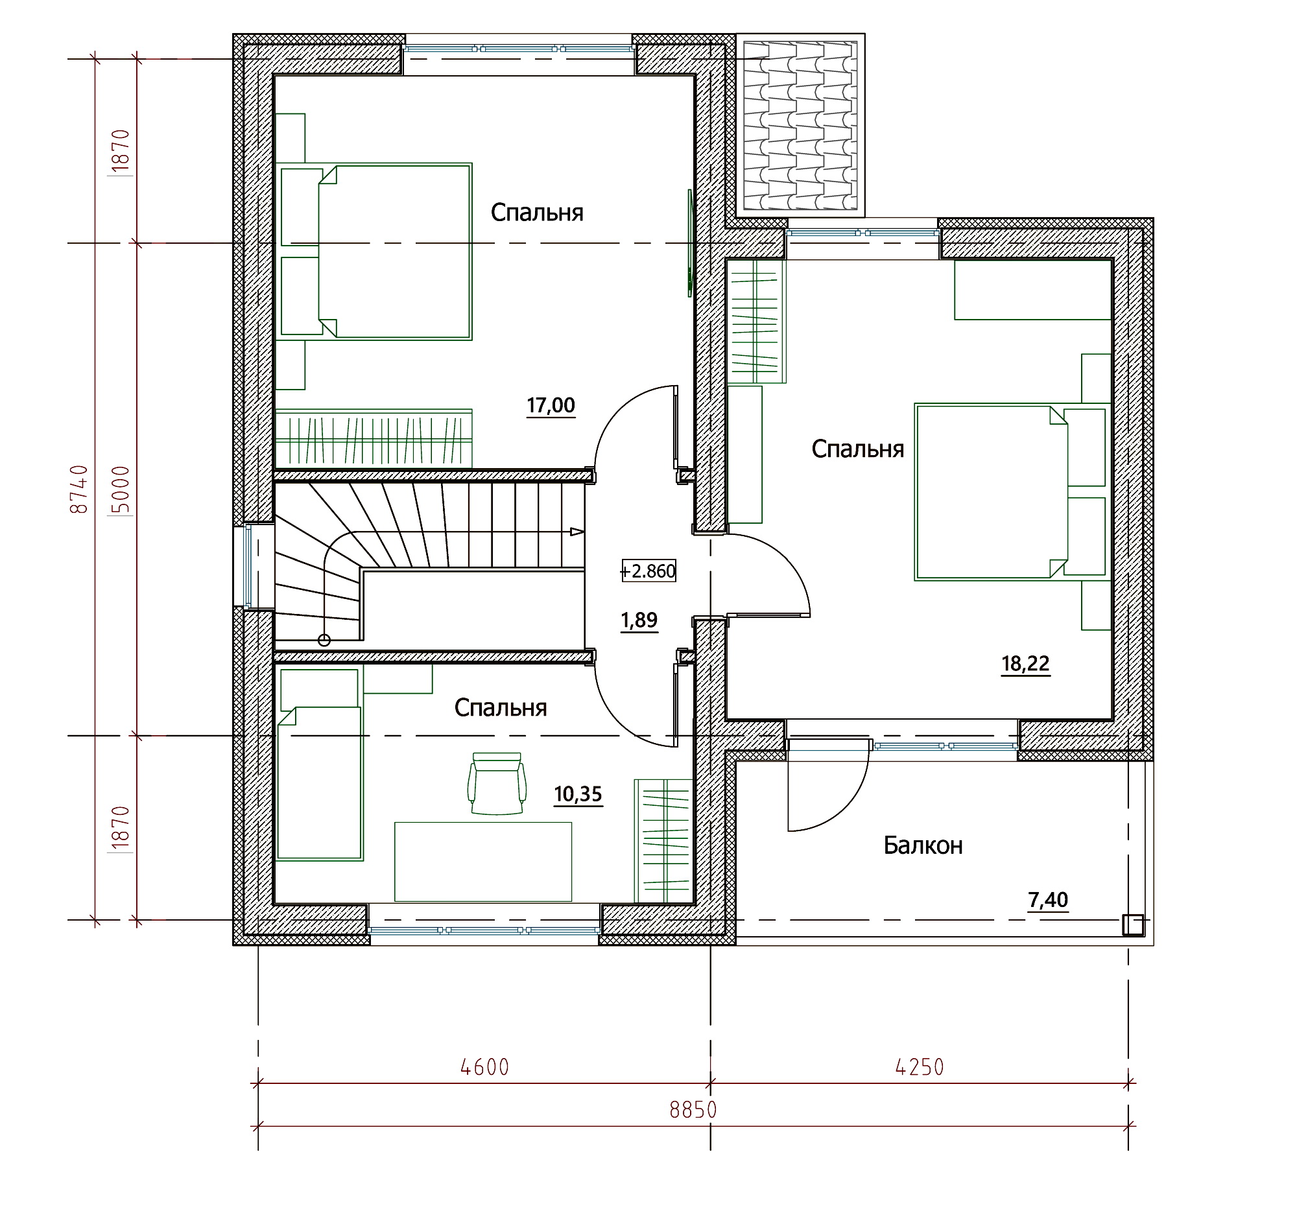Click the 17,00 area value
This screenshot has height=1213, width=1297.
click(x=551, y=406)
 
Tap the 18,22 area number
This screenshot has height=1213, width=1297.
click(x=1025, y=664)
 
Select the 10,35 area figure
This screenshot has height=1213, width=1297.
click(x=578, y=794)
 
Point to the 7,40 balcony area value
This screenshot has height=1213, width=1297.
click(x=1048, y=900)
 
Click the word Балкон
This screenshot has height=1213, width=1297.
click(x=923, y=846)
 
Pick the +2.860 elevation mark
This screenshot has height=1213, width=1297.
click(x=648, y=571)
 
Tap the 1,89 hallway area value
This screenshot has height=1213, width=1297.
click(x=639, y=620)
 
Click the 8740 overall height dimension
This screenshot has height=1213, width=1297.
click(x=79, y=489)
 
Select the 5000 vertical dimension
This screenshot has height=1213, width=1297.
click(x=121, y=490)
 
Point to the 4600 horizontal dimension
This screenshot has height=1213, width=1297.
click(x=484, y=1068)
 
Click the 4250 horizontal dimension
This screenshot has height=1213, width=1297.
click(x=920, y=1068)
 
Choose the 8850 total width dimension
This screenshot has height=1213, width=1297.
click(x=693, y=1110)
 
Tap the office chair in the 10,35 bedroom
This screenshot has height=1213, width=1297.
click(x=497, y=783)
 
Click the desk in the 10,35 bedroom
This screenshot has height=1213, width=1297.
click(x=482, y=862)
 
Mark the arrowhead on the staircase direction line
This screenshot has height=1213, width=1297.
click(x=577, y=532)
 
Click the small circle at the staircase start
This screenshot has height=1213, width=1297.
click(x=324, y=641)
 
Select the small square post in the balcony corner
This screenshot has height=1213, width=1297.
click(x=1132, y=924)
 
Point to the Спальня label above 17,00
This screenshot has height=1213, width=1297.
click(x=537, y=213)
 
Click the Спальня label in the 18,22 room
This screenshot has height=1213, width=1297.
click(x=857, y=449)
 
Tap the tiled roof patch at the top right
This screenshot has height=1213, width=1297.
click(x=800, y=126)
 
